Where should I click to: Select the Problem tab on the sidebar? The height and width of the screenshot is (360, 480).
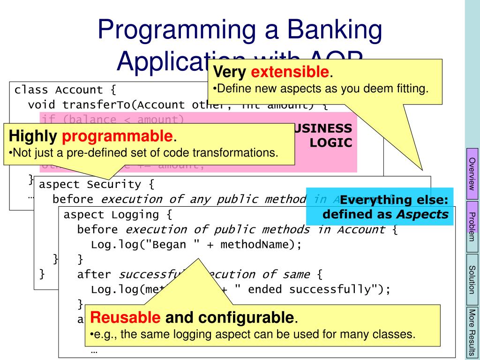point(472,225)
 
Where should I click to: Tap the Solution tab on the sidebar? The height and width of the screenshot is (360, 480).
point(472,279)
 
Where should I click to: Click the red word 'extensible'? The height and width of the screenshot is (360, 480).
point(290,72)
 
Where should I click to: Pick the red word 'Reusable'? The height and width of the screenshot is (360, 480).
point(125,318)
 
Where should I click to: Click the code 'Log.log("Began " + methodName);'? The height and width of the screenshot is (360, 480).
point(195,245)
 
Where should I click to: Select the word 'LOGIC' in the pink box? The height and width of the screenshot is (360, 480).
point(331,143)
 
